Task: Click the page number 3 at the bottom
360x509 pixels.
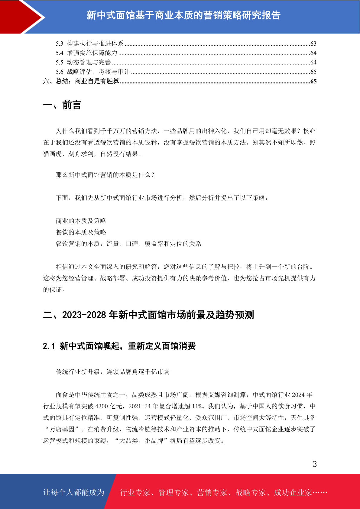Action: click(315, 464)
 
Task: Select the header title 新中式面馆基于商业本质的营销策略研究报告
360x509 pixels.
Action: click(183, 15)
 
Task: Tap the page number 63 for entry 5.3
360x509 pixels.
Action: click(313, 44)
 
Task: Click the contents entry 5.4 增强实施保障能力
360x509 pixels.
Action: click(87, 53)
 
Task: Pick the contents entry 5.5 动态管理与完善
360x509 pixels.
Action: click(83, 62)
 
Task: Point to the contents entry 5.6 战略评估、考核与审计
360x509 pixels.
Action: click(93, 72)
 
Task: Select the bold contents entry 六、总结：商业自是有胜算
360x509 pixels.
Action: click(81, 81)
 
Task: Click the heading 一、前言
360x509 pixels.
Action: click(62, 105)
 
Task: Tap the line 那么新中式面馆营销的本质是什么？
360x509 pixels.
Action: click(105, 175)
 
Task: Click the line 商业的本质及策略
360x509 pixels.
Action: click(81, 221)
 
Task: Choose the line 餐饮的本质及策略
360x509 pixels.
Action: click(81, 232)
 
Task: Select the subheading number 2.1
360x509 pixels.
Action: click(49, 346)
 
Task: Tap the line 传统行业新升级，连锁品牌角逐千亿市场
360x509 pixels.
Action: click(113, 371)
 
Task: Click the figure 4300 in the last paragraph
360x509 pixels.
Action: click(102, 406)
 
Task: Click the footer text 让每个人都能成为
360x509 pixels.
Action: click(74, 492)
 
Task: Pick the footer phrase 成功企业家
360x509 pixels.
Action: click(293, 492)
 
